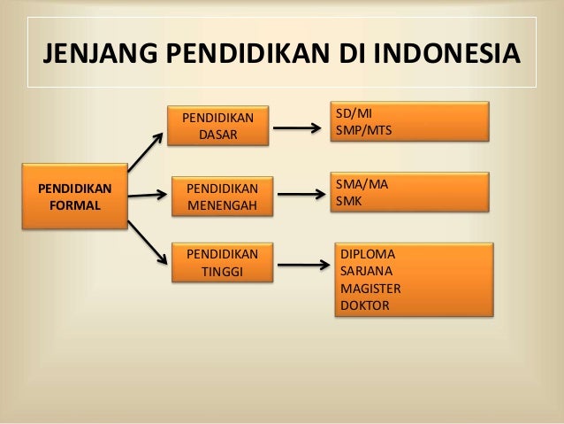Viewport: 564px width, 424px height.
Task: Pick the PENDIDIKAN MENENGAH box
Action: (x=223, y=197)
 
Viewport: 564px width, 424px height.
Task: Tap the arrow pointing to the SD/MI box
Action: (x=295, y=127)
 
